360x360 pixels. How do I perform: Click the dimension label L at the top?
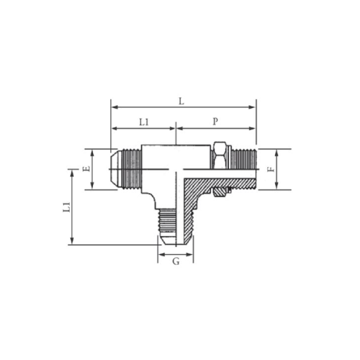(x=181, y=101)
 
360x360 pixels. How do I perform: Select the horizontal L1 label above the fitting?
(x=144, y=122)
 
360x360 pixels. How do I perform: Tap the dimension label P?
(x=215, y=122)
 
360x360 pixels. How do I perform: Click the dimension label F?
(x=271, y=169)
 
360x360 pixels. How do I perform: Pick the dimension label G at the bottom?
(x=176, y=261)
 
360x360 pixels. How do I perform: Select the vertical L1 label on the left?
(x=66, y=207)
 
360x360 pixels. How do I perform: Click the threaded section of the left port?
(x=132, y=169)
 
